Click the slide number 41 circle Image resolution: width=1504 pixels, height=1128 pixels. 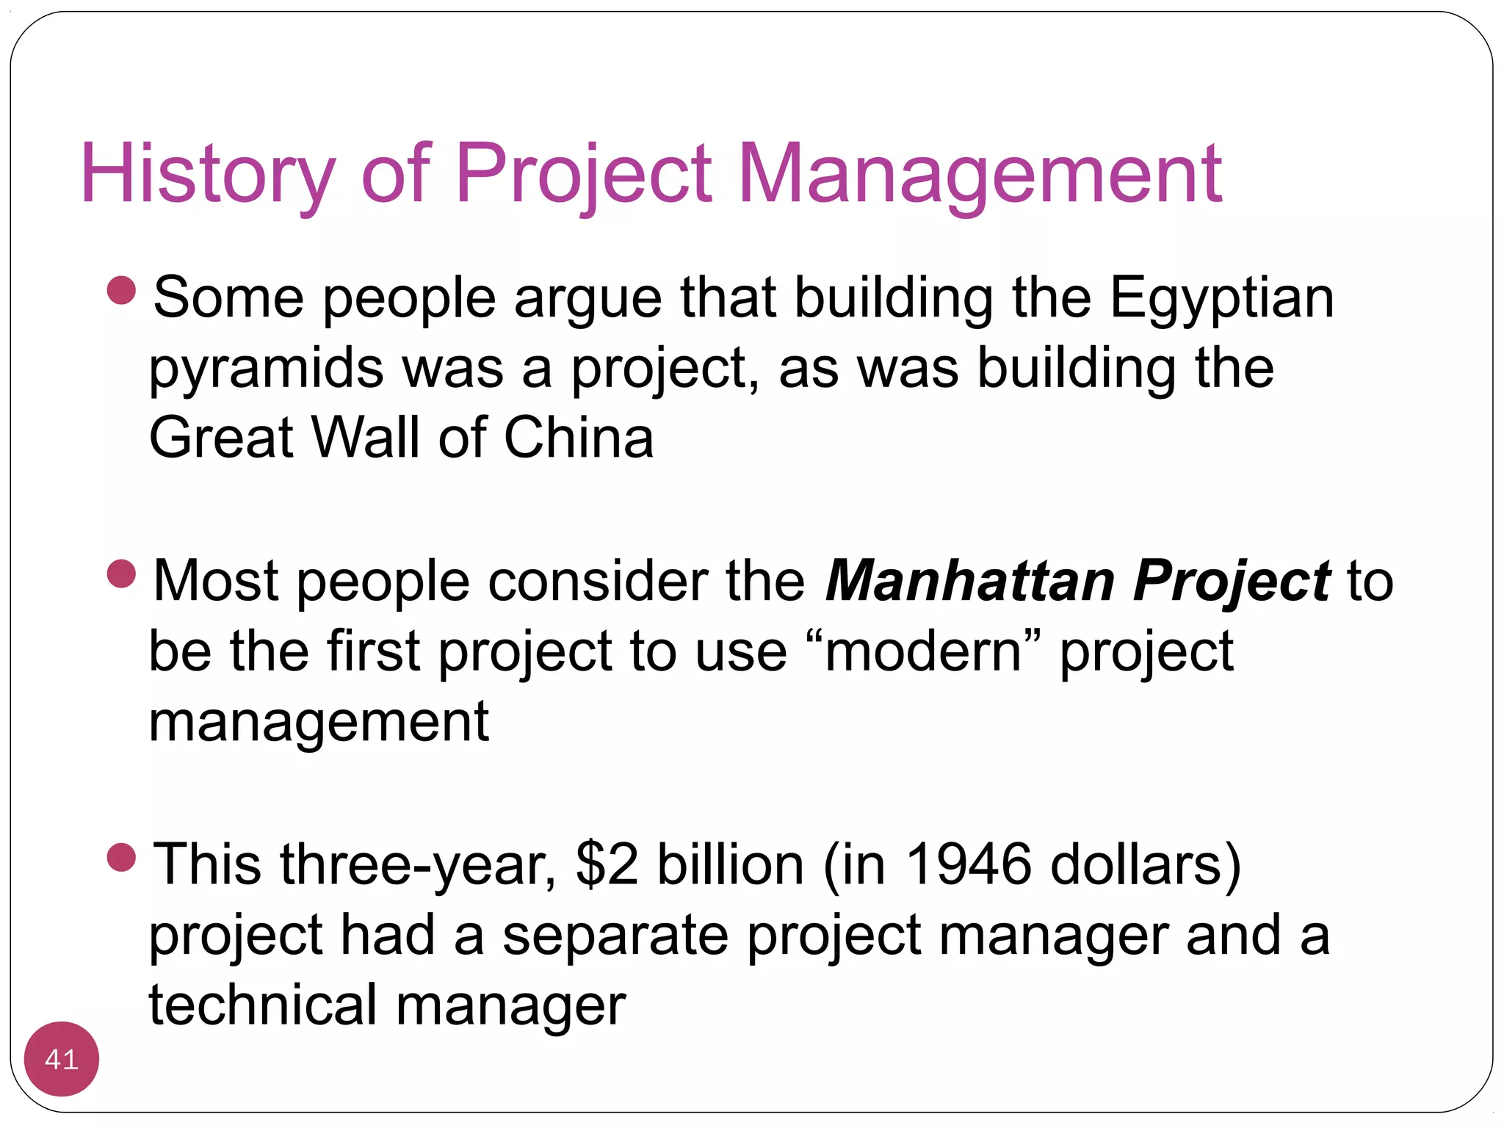(x=62, y=1059)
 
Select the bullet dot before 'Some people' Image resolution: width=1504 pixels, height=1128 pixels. (x=122, y=290)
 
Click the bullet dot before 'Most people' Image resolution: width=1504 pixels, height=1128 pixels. (x=122, y=574)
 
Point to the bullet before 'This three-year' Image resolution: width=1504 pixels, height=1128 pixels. (x=122, y=856)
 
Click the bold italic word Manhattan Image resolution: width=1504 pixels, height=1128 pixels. (x=970, y=581)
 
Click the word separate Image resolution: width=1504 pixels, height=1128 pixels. (x=615, y=935)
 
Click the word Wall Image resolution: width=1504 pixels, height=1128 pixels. (x=365, y=438)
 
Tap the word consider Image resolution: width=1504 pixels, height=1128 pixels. (x=599, y=581)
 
